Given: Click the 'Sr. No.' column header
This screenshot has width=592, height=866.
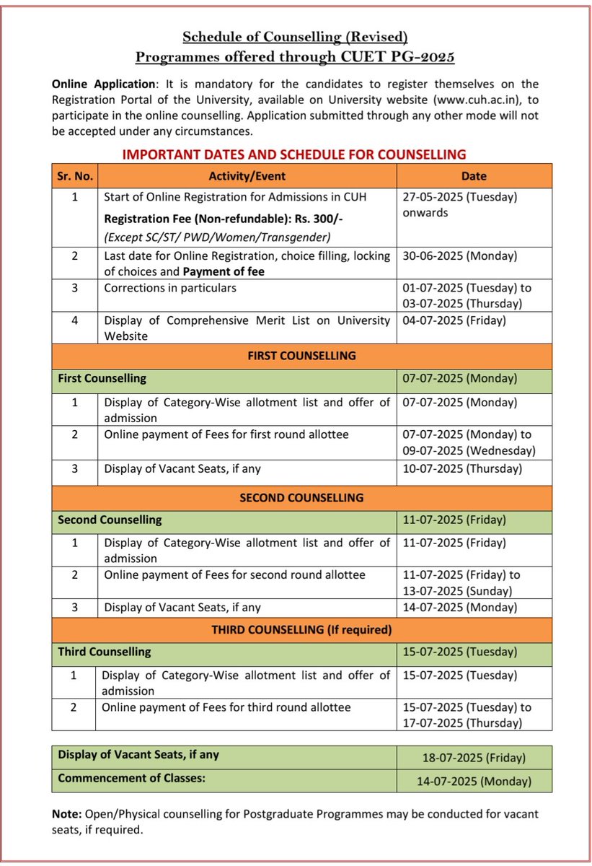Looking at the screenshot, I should point(75,176).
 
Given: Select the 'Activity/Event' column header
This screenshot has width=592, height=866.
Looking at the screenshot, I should point(247,176).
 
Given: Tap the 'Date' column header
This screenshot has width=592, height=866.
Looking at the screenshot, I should point(474,176).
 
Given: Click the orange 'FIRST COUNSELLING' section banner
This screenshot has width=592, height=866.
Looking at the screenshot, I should point(301,356).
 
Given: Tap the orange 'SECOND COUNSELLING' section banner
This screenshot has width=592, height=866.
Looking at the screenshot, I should point(301,497).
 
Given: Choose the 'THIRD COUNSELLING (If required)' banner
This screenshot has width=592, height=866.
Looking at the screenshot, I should point(301,630).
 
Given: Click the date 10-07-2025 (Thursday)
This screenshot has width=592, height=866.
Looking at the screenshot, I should point(461,468).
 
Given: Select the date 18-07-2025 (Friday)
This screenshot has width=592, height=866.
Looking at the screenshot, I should point(474,758).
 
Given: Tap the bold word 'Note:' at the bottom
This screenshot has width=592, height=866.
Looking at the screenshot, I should point(67,814).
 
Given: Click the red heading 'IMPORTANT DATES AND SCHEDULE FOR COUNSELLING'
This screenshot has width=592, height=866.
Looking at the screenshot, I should point(293,154).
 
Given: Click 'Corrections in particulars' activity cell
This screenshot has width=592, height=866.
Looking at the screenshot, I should point(170,287).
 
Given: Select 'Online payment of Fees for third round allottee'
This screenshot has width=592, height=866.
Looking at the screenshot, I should point(226,708).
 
